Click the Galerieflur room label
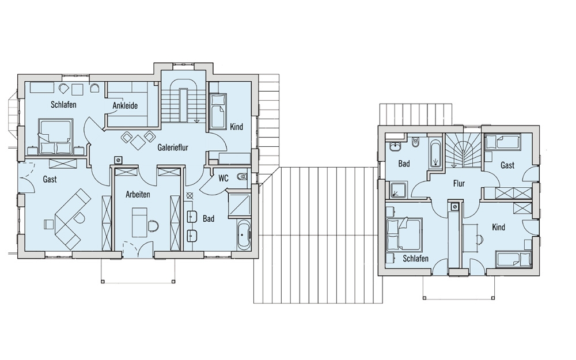[173, 147]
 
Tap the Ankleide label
[125, 106]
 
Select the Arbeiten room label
[138, 194]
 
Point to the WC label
[223, 178]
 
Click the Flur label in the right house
[459, 183]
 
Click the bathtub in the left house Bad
[244, 234]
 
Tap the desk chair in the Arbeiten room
[153, 225]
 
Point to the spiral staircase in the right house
[463, 151]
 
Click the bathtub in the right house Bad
[435, 154]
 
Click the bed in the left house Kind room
[218, 111]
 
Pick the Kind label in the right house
[498, 228]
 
